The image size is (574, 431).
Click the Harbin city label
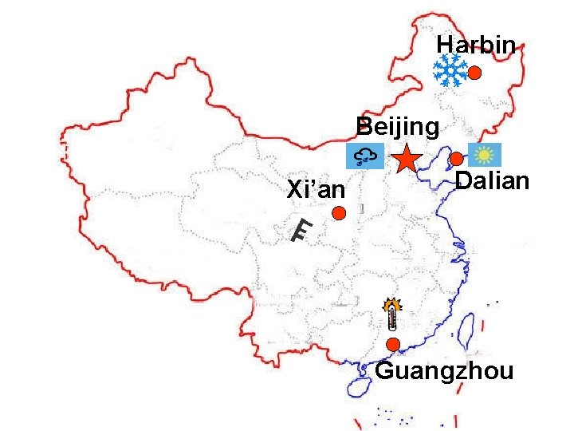[477, 45]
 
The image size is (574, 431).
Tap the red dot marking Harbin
[474, 73]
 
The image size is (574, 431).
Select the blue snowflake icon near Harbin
[450, 71]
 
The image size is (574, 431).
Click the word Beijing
[397, 127]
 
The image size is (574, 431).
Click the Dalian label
[492, 181]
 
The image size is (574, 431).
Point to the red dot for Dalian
[457, 159]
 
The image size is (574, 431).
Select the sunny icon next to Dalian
[484, 155]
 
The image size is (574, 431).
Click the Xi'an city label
[316, 190]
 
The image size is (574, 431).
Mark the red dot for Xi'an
[339, 213]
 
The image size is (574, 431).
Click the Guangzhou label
[444, 371]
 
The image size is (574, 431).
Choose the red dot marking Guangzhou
[393, 345]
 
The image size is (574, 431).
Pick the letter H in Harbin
[445, 45]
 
